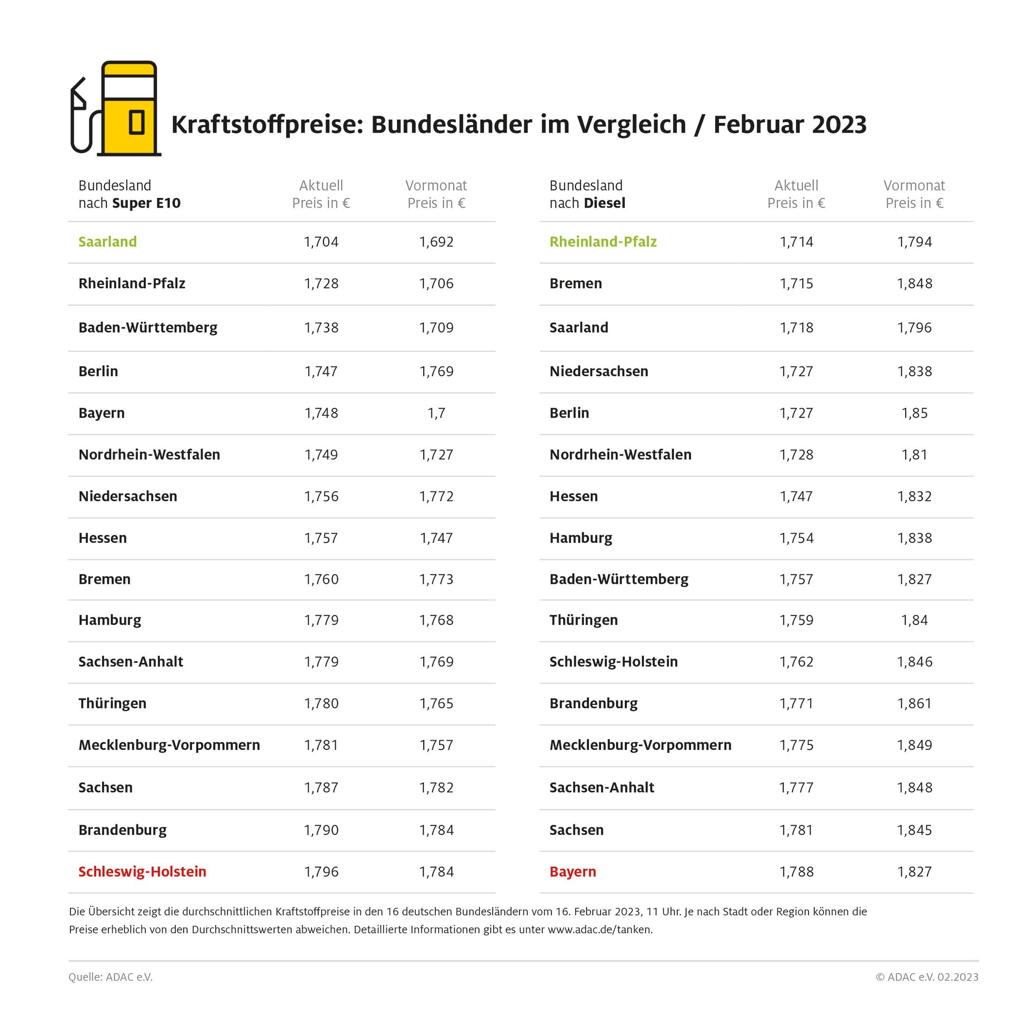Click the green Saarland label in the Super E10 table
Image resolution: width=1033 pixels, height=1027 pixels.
tap(107, 242)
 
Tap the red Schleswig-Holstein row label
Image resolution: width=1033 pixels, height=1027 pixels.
tap(142, 871)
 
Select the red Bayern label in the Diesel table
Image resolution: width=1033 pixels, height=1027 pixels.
tap(573, 871)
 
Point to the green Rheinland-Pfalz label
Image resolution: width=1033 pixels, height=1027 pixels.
tap(603, 242)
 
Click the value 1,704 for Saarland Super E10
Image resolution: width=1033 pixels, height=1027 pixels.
tap(321, 242)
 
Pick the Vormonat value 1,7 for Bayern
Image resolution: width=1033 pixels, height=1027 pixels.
tap(436, 413)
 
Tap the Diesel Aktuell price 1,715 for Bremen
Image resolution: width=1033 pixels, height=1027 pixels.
tap(796, 283)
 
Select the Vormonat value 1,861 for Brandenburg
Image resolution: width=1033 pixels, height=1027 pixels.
tap(914, 703)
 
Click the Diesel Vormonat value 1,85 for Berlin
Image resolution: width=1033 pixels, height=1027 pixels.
tap(914, 413)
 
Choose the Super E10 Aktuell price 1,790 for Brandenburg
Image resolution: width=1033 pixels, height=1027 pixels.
tap(321, 830)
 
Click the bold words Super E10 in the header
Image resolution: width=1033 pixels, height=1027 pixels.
tap(147, 203)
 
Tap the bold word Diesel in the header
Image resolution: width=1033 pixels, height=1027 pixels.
tap(605, 203)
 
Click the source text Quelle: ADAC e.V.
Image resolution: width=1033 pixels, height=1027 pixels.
tap(111, 977)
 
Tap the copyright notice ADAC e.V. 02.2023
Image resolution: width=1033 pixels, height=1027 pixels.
tap(927, 977)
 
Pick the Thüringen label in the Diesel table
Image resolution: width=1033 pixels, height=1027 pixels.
tap(584, 620)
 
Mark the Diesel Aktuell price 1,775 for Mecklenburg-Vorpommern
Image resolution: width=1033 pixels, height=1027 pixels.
tap(796, 745)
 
